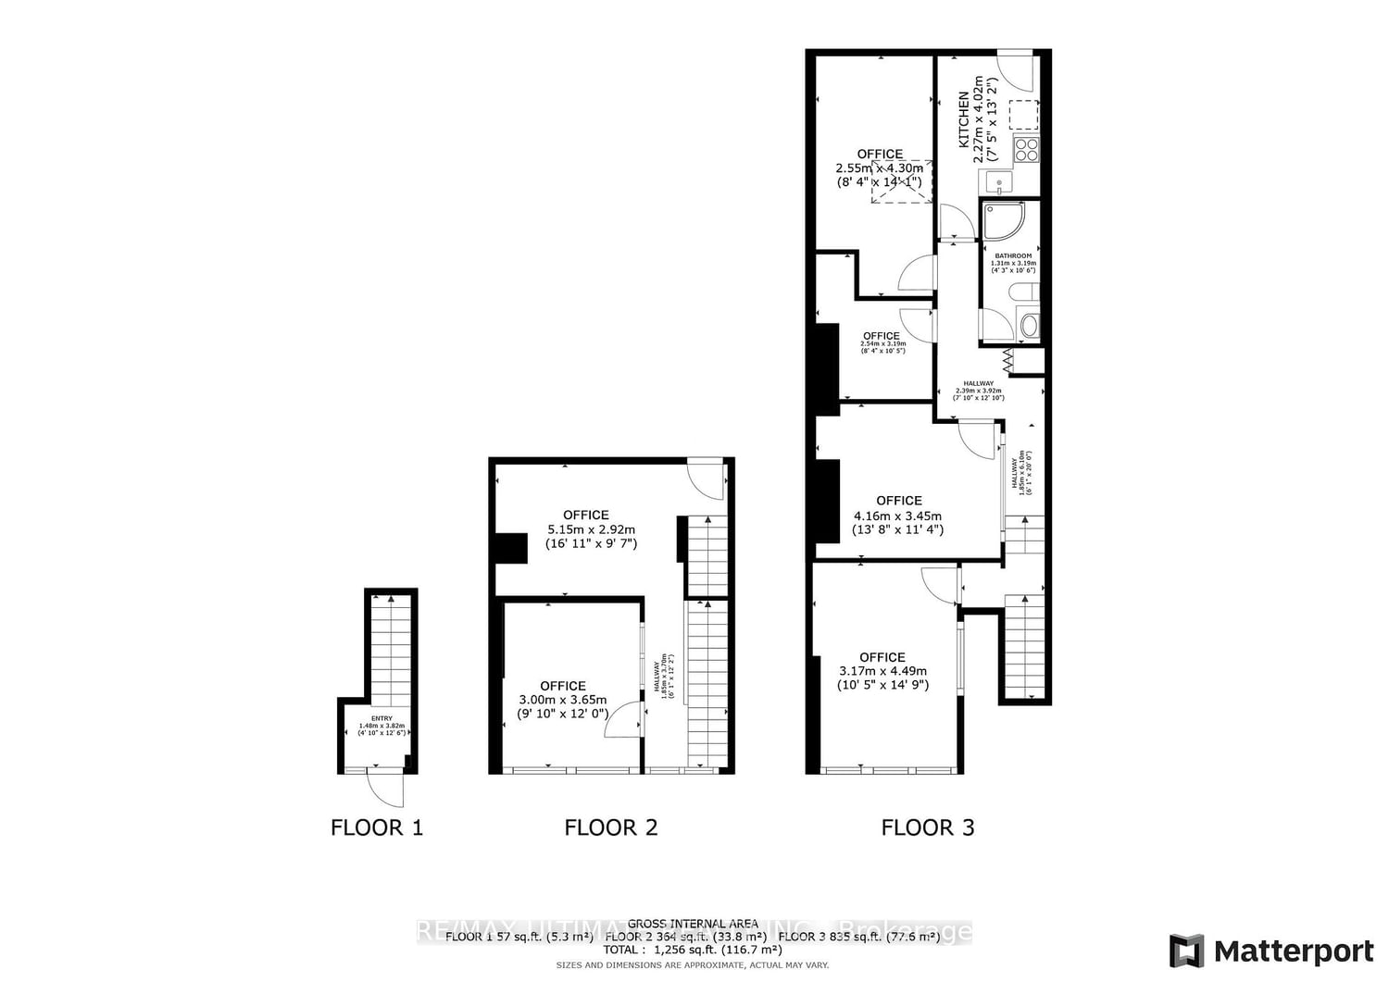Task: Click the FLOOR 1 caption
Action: pos(376,827)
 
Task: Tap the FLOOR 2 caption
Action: pos(610,827)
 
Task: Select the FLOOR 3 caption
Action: pos(927,827)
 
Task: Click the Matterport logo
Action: pos(1271,951)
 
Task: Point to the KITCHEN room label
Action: pos(964,120)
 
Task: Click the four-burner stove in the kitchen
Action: pos(1025,148)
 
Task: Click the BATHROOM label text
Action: pos(1013,256)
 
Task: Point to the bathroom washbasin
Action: pos(1028,326)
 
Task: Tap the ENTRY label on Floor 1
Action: pos(382,719)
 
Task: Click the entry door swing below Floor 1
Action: pos(386,789)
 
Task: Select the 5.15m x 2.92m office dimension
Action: pos(591,530)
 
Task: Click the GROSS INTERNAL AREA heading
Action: pos(692,924)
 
